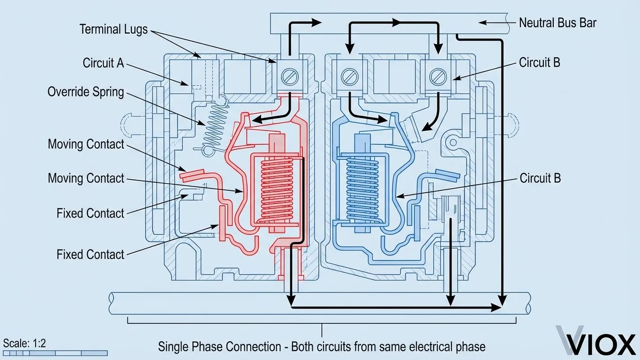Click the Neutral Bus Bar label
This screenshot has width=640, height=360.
[557, 22]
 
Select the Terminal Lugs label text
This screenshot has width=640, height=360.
[113, 30]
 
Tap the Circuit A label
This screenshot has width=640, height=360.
[103, 63]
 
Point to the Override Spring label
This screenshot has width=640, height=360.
[86, 91]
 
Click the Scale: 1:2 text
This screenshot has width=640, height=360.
[24, 343]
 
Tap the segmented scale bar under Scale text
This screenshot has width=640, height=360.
[55, 353]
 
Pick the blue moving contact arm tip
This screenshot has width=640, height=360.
[446, 174]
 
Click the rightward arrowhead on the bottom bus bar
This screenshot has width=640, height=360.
[495, 307]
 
